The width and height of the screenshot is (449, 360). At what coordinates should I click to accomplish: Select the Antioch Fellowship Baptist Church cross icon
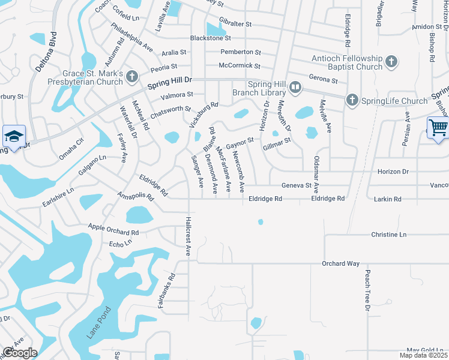(391, 62)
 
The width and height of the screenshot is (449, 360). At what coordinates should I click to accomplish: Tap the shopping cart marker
(438, 128)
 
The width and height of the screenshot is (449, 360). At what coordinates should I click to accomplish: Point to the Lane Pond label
(98, 325)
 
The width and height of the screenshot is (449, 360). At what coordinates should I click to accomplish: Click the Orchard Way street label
(340, 263)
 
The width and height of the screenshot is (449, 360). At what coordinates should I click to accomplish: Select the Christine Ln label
(389, 235)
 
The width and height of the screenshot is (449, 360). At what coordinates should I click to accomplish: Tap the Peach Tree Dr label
(367, 290)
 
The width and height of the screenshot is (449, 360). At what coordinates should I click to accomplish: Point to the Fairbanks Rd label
(166, 291)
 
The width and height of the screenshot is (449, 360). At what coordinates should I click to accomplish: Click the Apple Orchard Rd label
(113, 229)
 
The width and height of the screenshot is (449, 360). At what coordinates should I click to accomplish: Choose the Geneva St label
(297, 186)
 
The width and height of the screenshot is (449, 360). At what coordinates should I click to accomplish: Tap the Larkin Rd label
(387, 198)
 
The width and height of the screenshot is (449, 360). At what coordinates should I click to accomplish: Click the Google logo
(19, 353)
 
